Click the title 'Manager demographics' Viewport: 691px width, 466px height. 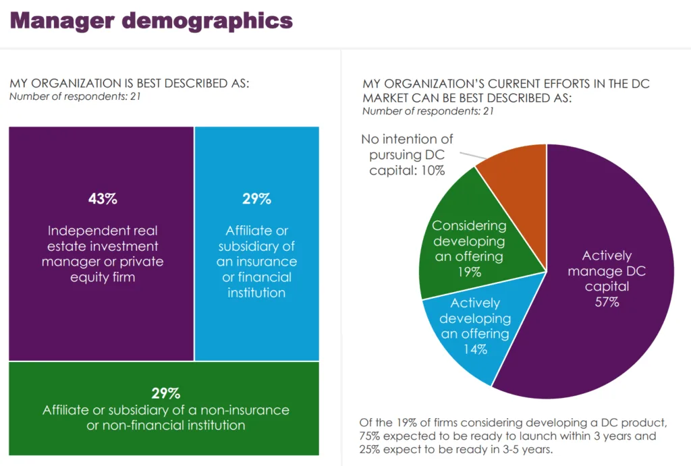[151, 21]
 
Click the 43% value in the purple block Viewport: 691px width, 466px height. [103, 199]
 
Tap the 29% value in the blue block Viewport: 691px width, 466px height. [256, 199]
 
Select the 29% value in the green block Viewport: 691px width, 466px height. [165, 393]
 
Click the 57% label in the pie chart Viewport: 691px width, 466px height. [607, 302]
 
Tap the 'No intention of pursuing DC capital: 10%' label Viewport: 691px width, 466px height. [407, 155]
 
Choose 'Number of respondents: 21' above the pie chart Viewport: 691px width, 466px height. [428, 111]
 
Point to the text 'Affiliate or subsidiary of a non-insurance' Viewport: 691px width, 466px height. [166, 410]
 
